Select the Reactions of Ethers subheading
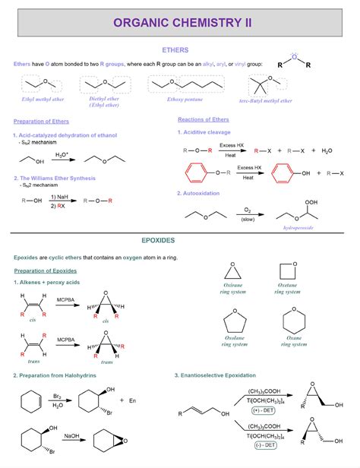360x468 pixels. tap(204, 119)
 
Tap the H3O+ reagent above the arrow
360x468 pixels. tap(62, 154)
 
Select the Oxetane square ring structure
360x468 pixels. tap(288, 271)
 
